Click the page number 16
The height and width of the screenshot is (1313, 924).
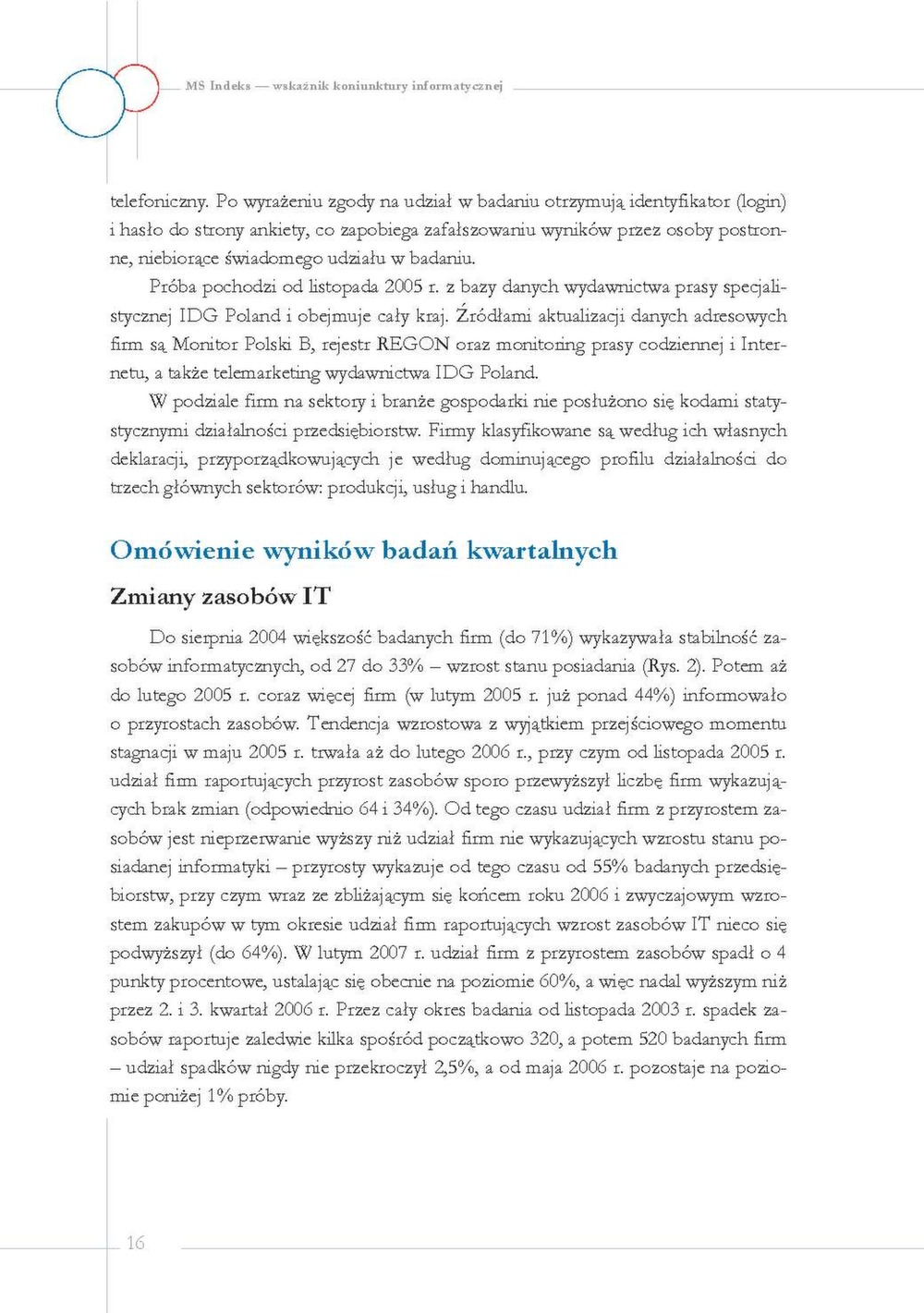[x=136, y=1243]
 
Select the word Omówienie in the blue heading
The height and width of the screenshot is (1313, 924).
[x=182, y=551]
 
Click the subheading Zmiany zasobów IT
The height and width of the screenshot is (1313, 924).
[x=220, y=597]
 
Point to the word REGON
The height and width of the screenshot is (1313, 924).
[x=413, y=345]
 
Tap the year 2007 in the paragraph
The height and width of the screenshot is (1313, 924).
[x=388, y=953]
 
